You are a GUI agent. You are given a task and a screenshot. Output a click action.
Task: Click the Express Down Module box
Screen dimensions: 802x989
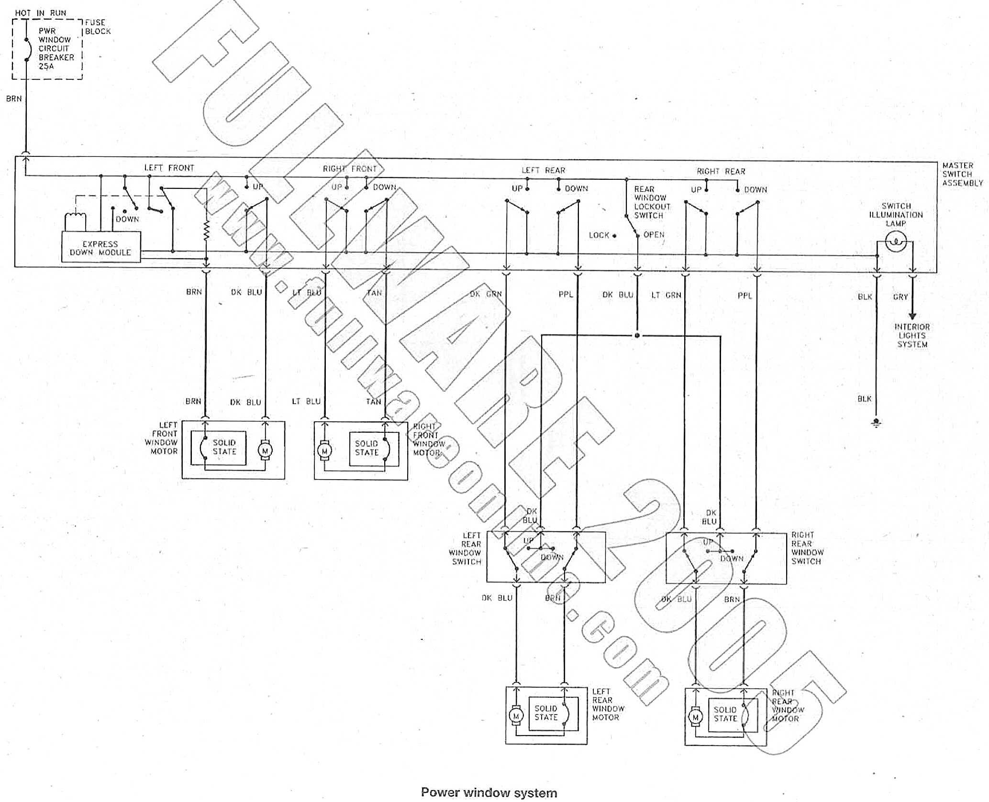100,247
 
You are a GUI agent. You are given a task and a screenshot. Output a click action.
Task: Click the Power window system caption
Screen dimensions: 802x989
489,793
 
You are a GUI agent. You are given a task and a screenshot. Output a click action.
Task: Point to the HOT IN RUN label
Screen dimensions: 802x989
41,13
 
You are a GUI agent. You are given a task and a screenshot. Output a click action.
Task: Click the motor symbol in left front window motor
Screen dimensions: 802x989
265,450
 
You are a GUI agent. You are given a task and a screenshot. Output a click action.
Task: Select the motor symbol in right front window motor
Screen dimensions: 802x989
325,451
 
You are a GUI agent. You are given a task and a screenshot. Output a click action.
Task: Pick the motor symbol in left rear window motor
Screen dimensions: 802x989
516,716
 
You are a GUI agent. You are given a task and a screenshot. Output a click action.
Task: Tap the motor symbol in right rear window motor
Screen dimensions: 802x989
695,717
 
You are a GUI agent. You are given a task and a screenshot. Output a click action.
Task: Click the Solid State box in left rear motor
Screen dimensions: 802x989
547,713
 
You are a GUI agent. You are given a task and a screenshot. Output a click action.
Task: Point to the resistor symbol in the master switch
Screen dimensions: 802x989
206,231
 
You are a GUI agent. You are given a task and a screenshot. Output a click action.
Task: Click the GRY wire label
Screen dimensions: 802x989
900,297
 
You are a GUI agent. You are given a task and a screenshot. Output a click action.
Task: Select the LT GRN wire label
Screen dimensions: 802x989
666,295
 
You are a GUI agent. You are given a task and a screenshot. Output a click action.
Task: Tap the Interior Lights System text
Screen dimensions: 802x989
912,335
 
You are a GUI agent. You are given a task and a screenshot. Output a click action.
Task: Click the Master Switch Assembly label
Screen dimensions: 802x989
962,174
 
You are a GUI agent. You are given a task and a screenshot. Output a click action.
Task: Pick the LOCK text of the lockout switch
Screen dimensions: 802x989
599,235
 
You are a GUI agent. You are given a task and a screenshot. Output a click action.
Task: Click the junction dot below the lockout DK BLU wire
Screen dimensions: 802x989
637,335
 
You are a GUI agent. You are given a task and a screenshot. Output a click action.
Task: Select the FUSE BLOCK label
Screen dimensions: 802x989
98,27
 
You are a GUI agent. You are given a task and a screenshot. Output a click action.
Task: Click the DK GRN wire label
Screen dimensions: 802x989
486,294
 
